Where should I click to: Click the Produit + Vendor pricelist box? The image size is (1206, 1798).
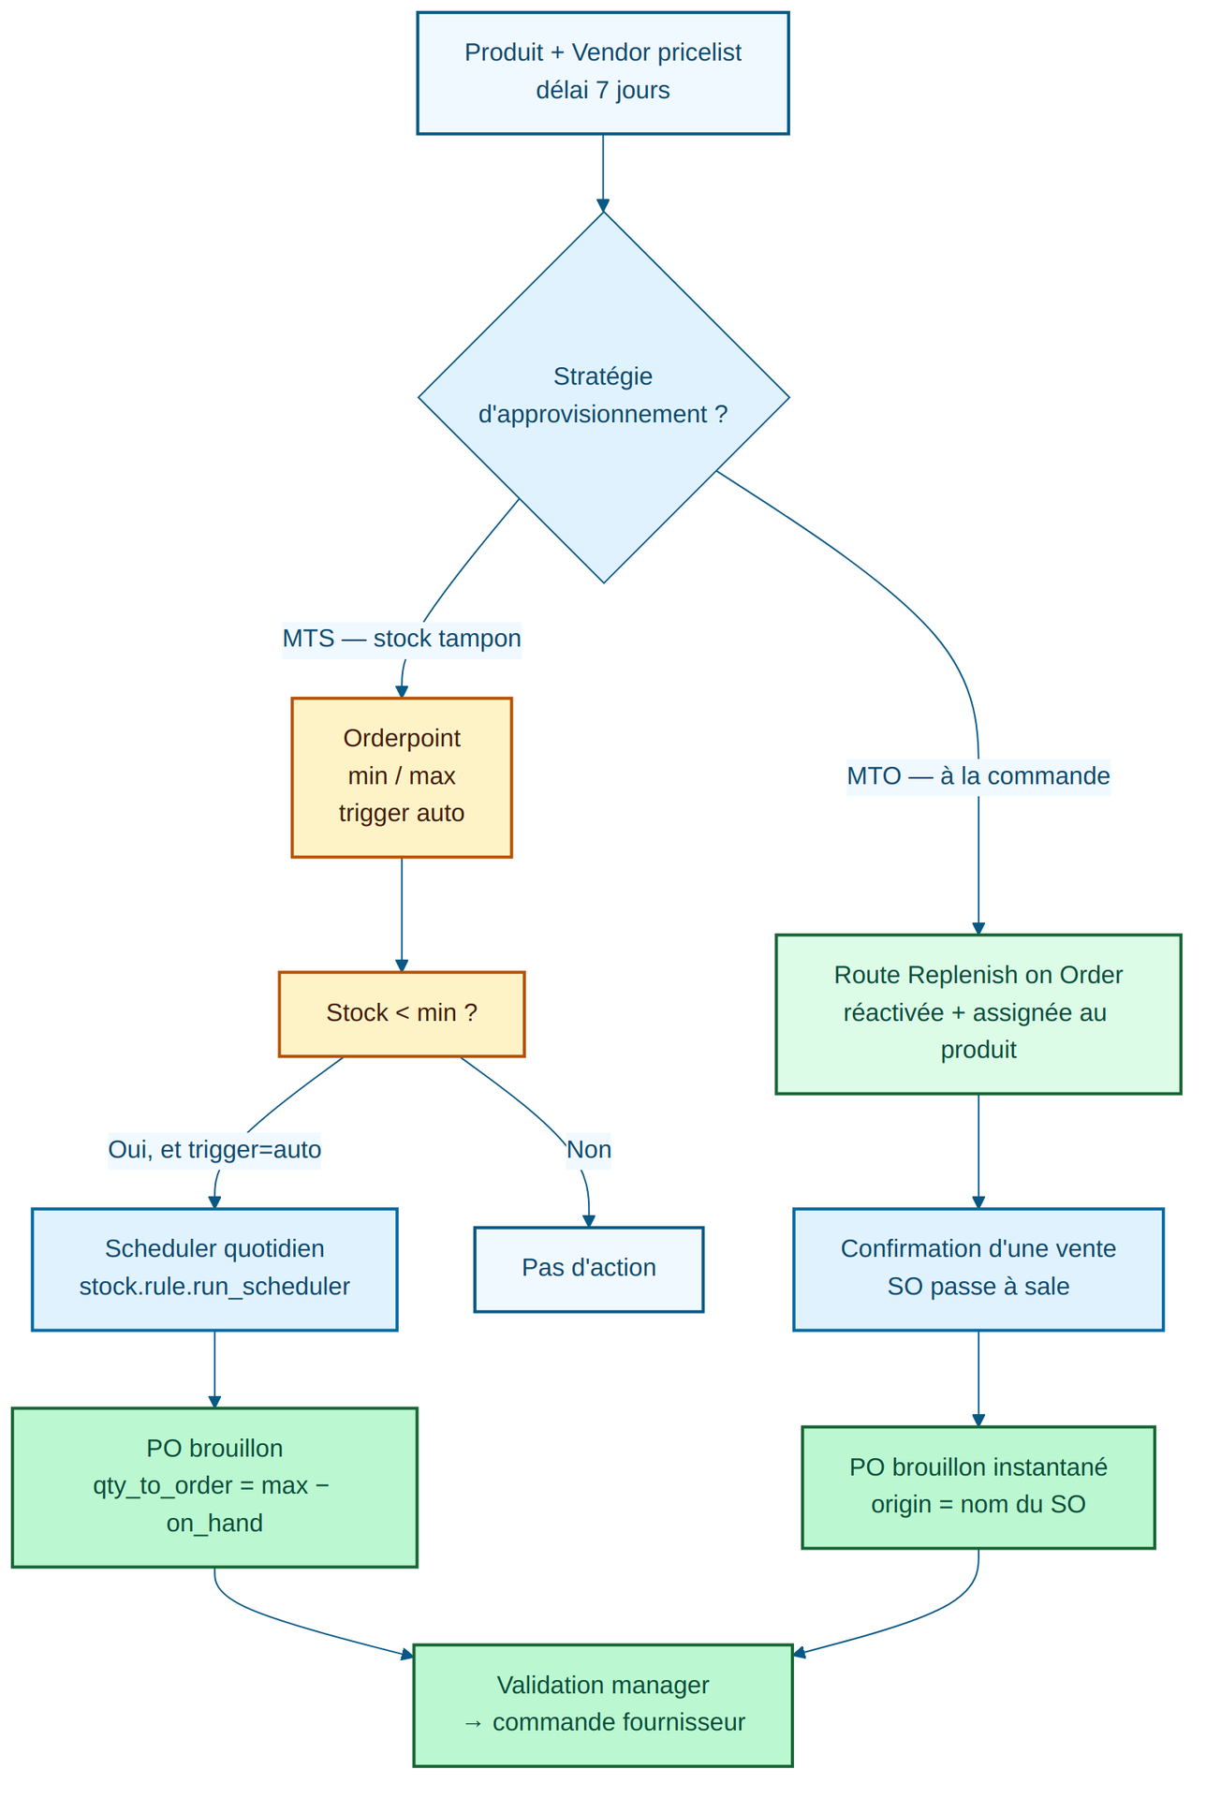tap(602, 73)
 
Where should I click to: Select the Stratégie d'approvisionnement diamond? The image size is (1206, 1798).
tap(603, 397)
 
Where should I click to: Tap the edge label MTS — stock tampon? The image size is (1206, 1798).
tap(402, 640)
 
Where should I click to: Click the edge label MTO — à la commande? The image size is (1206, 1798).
tap(978, 777)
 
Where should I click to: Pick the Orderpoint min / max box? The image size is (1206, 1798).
tap(402, 777)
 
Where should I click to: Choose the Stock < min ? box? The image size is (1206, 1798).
tap(402, 1014)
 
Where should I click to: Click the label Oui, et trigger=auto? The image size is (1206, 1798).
tap(214, 1150)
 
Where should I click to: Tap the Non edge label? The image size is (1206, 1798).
tap(589, 1150)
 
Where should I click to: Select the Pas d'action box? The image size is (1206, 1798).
tap(589, 1269)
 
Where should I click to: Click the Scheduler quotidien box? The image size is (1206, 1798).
tap(214, 1269)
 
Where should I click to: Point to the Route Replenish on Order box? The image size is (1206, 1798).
tap(978, 1014)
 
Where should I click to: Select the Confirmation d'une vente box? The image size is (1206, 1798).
tap(978, 1269)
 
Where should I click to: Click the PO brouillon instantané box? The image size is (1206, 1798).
tap(978, 1487)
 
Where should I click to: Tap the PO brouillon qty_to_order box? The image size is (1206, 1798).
tap(214, 1487)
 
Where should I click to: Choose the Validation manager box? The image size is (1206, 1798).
tap(602, 1705)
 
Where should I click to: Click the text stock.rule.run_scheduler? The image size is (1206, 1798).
tap(214, 1288)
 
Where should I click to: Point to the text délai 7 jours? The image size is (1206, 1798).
tap(602, 92)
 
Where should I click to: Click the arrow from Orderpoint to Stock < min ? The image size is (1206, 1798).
tap(402, 914)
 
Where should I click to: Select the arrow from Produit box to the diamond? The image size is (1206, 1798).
tap(602, 172)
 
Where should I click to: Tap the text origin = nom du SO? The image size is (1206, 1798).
tap(978, 1506)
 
